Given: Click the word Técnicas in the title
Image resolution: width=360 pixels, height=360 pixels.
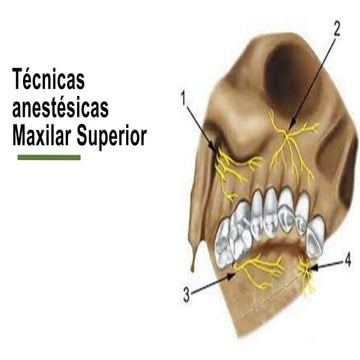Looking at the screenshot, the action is coord(48,79).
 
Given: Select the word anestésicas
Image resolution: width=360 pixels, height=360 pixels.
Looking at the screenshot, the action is coord(60,108).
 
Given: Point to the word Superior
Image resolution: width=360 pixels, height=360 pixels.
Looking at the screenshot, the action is coord(112,137).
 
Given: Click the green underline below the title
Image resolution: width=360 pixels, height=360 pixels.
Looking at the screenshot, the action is coord(49,157).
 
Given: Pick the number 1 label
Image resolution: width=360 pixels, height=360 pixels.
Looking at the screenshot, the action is coord(184,99).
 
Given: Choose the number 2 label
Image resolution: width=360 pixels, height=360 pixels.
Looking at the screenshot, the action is coord(337,30).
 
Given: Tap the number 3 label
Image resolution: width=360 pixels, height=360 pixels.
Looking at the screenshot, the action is coord(187,295).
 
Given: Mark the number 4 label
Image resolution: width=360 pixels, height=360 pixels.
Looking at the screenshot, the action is coord(347,261).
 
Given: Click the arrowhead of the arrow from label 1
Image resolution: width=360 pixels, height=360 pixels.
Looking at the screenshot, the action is coord(213,148).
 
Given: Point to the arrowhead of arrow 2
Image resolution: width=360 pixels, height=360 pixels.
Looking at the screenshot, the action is coord(290,126).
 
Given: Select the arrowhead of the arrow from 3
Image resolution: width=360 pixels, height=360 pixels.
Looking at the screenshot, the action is coord(232,275).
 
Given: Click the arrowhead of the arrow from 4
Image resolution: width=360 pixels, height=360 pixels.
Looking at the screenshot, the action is coord(313,267).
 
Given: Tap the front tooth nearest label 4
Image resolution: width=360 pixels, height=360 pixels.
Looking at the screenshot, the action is coord(315,237).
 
